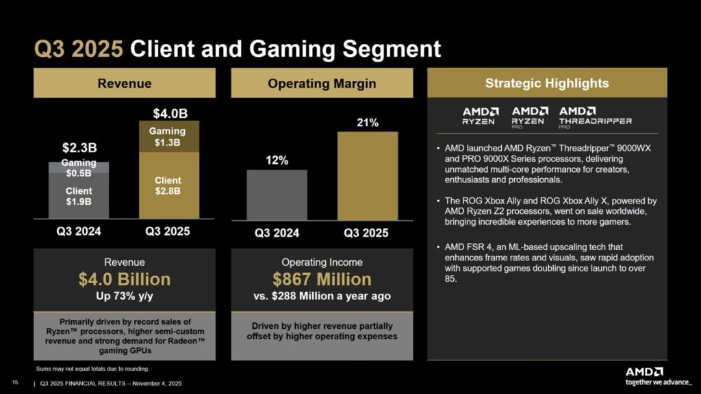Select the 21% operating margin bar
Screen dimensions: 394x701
point(368,175)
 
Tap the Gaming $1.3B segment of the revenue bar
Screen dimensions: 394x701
point(168,136)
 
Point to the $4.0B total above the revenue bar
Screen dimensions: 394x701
point(168,112)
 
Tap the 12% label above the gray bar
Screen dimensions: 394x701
point(277,160)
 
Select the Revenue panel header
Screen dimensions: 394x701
point(125,84)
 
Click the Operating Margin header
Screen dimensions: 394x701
point(322,84)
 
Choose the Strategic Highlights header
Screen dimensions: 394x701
point(546,84)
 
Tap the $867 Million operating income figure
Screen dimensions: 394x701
point(322,280)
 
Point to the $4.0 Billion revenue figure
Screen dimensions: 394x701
point(125,280)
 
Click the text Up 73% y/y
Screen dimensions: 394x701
point(125,297)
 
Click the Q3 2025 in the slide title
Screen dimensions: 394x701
point(79,49)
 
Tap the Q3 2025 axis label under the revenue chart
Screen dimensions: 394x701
point(168,231)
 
